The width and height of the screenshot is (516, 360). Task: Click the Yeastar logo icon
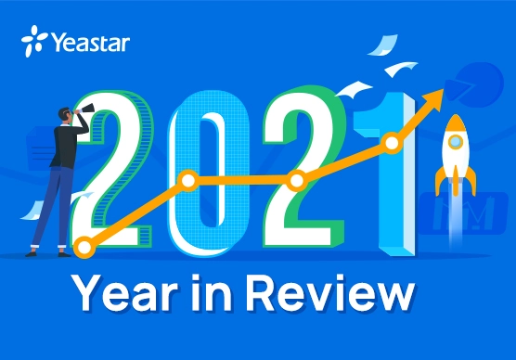point(34,42)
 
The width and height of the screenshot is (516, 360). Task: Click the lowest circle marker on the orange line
point(85,248)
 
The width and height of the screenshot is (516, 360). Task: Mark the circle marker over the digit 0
point(188,180)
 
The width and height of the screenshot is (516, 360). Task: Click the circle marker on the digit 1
point(392,143)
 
